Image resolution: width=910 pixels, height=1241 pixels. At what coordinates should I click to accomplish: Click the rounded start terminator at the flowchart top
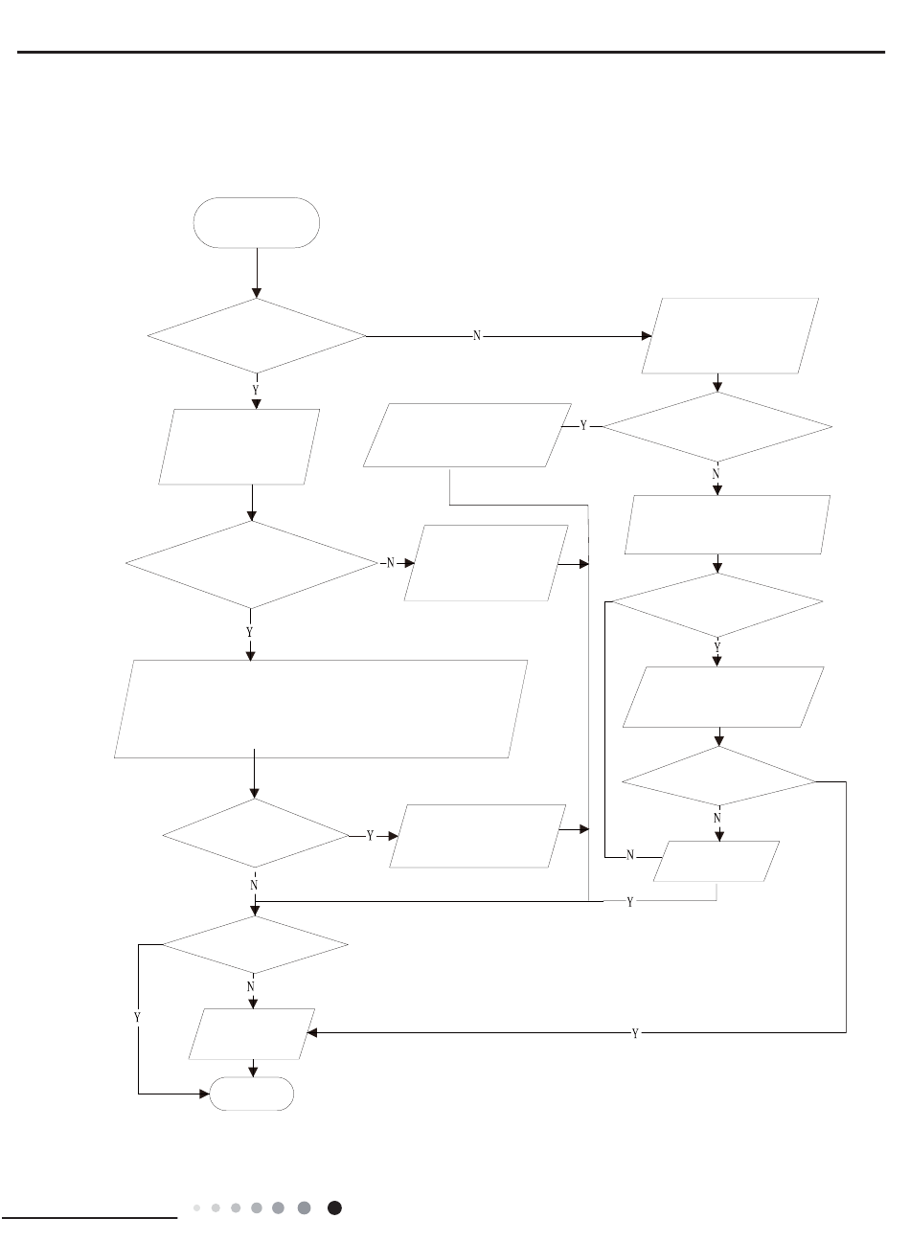pyautogui.click(x=256, y=223)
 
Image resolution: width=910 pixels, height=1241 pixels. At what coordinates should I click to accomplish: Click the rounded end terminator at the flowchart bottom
pyautogui.click(x=252, y=1094)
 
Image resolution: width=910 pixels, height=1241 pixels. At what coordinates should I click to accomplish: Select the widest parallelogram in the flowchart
pyautogui.click(x=321, y=709)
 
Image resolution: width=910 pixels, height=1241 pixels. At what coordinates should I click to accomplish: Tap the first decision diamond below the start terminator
pyautogui.click(x=257, y=336)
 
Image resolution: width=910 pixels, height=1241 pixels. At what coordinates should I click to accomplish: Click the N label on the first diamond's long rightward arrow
pyautogui.click(x=477, y=337)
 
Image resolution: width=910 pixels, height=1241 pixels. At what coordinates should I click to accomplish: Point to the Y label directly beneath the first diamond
pyautogui.click(x=255, y=391)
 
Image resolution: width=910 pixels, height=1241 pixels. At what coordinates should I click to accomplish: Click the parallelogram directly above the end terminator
pyautogui.click(x=253, y=1034)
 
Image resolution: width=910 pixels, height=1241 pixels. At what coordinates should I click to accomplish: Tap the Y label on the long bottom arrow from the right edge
pyautogui.click(x=635, y=1034)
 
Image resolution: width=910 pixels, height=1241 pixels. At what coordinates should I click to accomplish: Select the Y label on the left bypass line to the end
pyautogui.click(x=137, y=1017)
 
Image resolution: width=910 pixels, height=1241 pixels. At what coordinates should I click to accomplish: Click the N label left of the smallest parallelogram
pyautogui.click(x=630, y=855)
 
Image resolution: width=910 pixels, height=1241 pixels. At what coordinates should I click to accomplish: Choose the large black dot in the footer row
pyautogui.click(x=334, y=1208)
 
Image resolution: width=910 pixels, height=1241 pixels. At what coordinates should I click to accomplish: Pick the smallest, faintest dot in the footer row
pyautogui.click(x=196, y=1208)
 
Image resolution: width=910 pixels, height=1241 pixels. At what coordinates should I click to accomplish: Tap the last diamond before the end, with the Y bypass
pyautogui.click(x=255, y=945)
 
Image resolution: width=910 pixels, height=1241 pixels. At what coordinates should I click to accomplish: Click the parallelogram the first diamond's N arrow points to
pyautogui.click(x=730, y=335)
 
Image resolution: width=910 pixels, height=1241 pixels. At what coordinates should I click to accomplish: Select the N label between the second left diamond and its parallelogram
pyautogui.click(x=391, y=563)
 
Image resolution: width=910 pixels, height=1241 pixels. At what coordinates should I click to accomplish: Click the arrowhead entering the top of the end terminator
pyautogui.click(x=253, y=1072)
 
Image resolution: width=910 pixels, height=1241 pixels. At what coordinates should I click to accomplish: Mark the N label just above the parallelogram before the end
pyautogui.click(x=251, y=985)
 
